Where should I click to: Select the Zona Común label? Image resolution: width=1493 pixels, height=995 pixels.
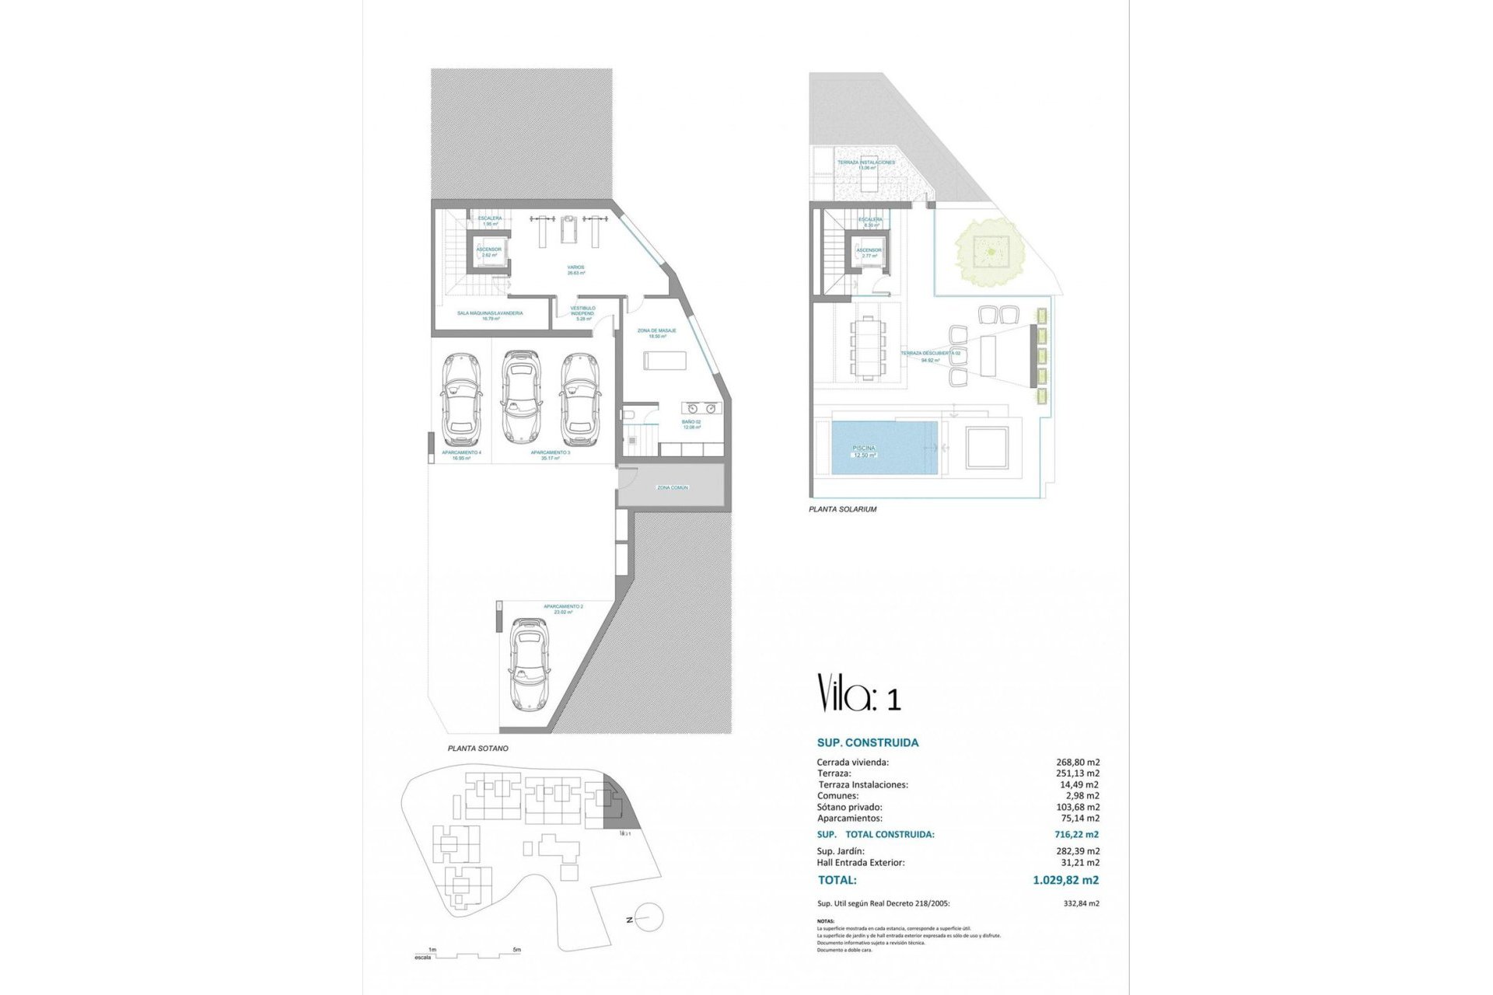(x=672, y=487)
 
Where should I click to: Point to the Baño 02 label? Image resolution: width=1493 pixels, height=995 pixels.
(x=692, y=424)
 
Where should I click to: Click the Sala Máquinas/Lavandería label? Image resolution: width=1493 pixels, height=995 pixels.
(x=490, y=315)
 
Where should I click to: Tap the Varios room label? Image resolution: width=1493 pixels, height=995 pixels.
(x=575, y=270)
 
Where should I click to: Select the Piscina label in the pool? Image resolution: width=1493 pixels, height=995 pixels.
(x=864, y=451)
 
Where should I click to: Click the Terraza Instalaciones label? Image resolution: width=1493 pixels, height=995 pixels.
(x=866, y=165)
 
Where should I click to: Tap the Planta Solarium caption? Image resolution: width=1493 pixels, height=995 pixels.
(x=843, y=509)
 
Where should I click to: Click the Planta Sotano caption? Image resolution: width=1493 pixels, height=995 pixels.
(x=477, y=749)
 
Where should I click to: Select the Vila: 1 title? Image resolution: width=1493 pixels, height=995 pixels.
(x=858, y=693)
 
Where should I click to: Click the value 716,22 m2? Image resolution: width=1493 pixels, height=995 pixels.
(x=1077, y=834)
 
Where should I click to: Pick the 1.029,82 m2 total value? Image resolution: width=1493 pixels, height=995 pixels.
(x=1065, y=880)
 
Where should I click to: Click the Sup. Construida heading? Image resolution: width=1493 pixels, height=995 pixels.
(x=868, y=742)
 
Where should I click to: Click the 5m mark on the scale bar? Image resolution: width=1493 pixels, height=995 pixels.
(x=517, y=950)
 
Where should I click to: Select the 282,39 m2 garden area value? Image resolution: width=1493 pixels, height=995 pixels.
(x=1077, y=851)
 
